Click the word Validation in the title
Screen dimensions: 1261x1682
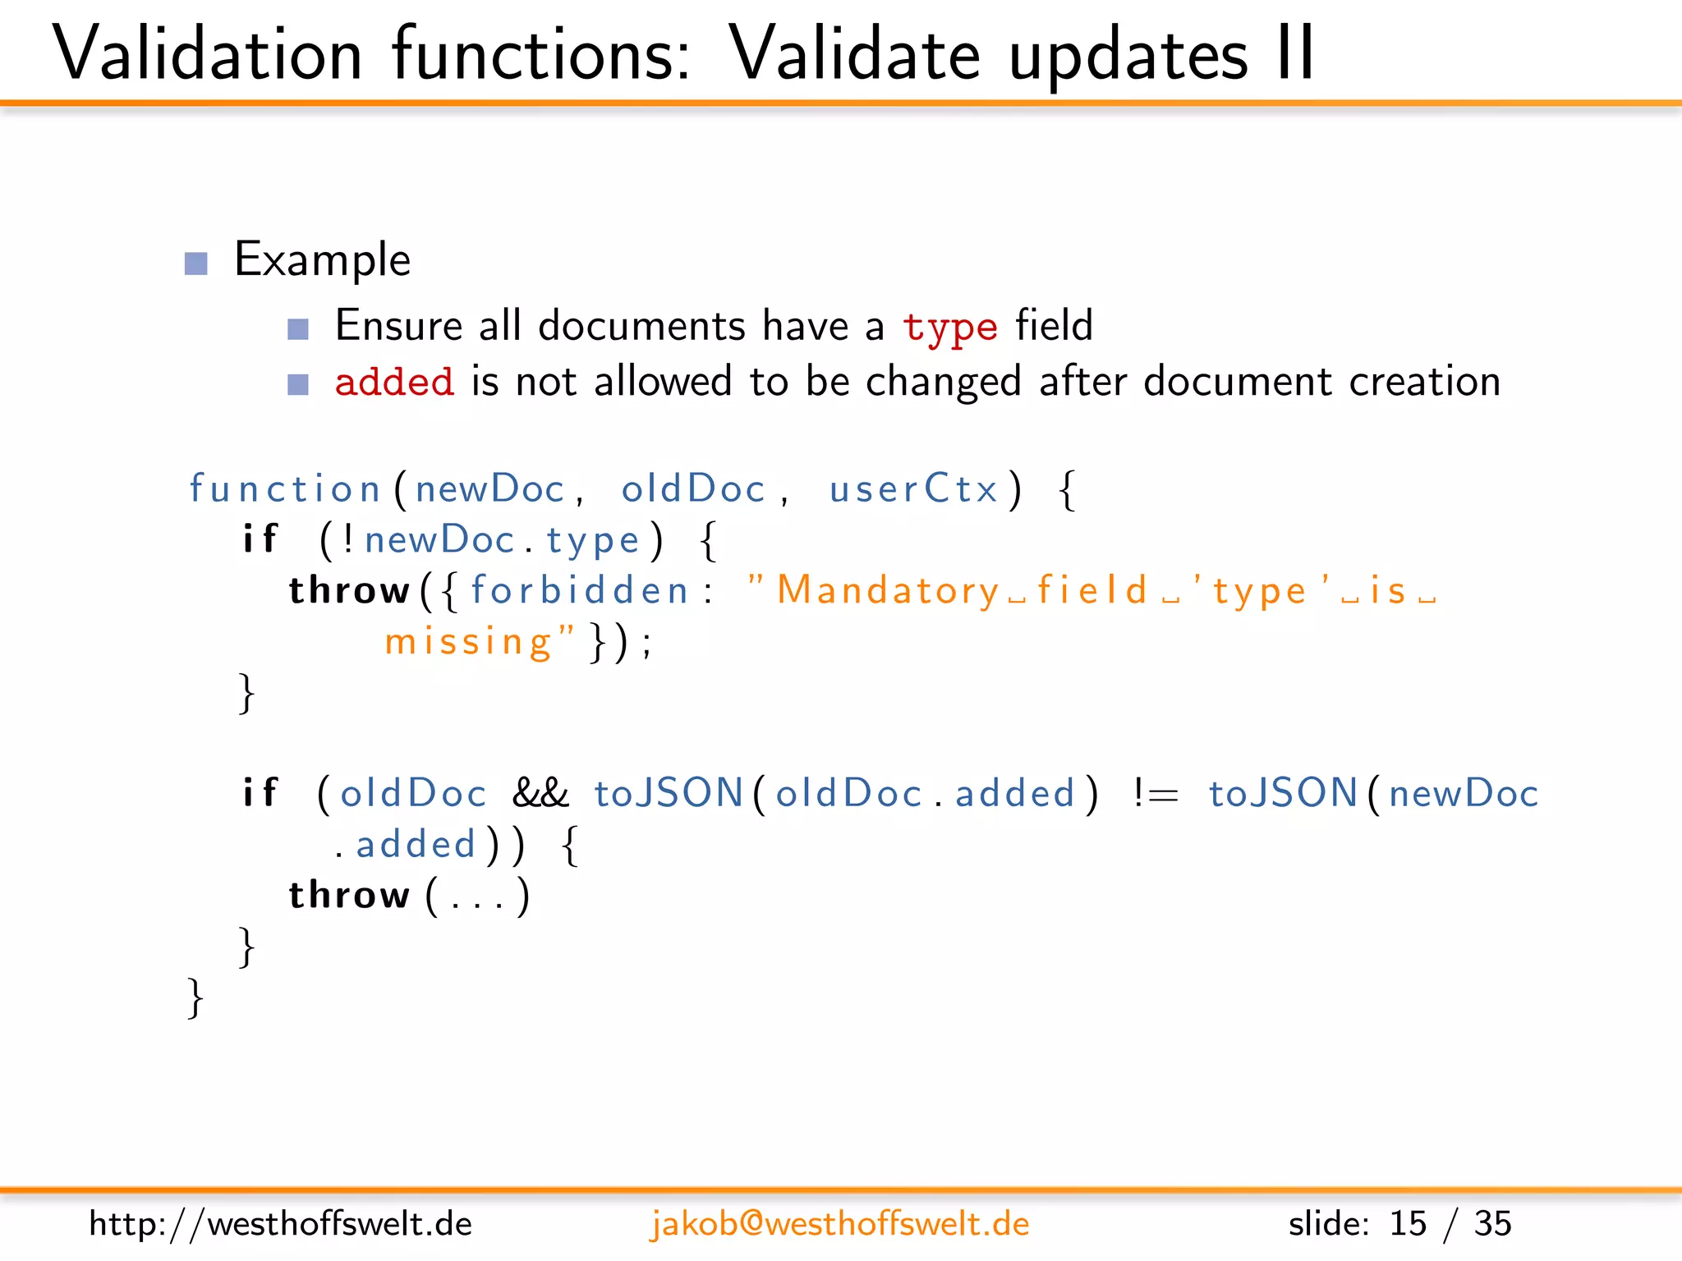[207, 54]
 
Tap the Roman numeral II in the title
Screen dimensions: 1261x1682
[1296, 54]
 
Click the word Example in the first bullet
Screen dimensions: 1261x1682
[322, 260]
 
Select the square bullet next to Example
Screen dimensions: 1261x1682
[196, 264]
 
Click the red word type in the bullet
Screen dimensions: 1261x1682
[950, 328]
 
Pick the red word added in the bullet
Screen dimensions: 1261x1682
[394, 383]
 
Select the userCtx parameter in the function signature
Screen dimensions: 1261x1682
[913, 489]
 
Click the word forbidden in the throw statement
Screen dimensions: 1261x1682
[579, 591]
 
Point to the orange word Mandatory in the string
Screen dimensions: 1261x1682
[888, 591]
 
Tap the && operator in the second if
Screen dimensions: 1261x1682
[540, 794]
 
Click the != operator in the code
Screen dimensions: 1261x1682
[1155, 794]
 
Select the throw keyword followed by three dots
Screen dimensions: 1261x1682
[349, 895]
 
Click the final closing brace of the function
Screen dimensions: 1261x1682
[195, 997]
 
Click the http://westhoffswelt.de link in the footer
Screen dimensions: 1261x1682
[280, 1224]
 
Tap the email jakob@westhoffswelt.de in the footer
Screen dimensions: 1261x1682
[839, 1224]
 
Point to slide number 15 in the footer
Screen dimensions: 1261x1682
[1407, 1224]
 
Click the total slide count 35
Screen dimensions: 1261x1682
[1492, 1224]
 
